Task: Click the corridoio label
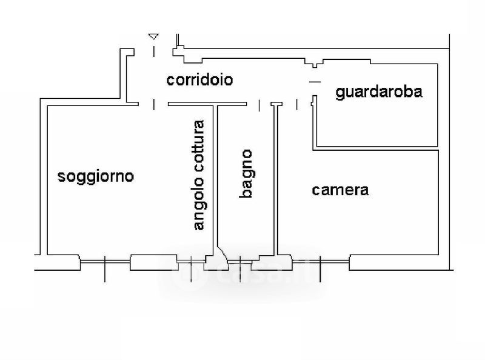pos(200,79)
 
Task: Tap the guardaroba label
pos(378,92)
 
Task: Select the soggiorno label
pos(95,176)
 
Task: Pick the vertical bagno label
pos(246,173)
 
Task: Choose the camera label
pos(340,190)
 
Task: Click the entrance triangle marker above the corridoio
pos(153,37)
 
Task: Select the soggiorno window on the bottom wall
pos(105,261)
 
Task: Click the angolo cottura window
pos(191,261)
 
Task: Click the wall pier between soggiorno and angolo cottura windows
pos(153,262)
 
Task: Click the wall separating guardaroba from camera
pos(376,148)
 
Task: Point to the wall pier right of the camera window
pos(394,262)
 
